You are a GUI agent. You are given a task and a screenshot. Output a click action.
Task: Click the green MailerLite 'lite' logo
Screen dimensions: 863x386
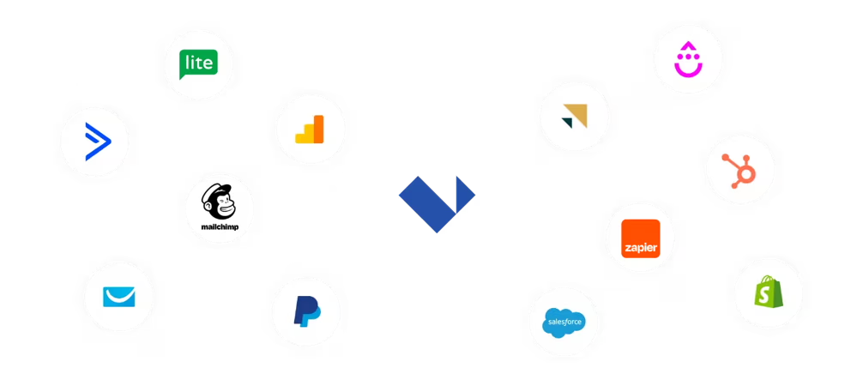point(198,63)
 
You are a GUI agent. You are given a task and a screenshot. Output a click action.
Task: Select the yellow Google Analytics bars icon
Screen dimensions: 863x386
point(310,129)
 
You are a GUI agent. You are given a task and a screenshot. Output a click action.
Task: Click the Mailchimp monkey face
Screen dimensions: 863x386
point(218,203)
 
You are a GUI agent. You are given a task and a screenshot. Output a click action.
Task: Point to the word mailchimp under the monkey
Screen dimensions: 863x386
point(219,227)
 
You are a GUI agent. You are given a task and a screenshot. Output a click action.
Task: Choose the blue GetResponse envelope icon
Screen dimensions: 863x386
point(118,297)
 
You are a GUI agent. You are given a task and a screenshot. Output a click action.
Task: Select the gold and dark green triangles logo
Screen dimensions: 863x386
point(572,117)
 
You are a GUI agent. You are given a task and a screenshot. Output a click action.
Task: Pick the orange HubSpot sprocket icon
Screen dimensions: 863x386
point(739,169)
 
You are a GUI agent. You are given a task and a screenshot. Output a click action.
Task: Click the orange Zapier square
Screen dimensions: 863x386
point(639,238)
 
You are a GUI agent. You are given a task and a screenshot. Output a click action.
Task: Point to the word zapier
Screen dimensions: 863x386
point(639,249)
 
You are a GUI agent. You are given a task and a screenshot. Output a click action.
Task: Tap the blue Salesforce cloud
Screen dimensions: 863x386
point(564,322)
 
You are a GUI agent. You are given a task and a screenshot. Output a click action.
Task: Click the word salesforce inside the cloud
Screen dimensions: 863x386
point(564,323)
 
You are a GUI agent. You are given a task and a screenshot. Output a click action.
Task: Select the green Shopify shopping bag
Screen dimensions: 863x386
point(768,293)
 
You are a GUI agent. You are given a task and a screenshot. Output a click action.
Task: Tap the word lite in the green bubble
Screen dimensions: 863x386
point(198,61)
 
